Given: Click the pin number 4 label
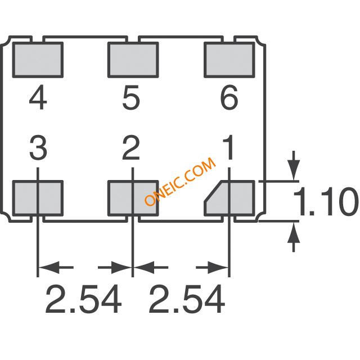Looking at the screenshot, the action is (x=38, y=97).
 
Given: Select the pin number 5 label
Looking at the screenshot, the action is (x=131, y=97).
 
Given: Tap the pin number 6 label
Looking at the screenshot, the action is (x=229, y=97).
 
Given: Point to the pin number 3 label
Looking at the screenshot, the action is (x=38, y=147).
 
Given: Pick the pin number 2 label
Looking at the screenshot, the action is (x=131, y=147).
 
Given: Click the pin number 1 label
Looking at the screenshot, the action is (x=229, y=147).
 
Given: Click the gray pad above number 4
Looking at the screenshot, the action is (x=38, y=60).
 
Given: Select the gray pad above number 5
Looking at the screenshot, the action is (x=133, y=60).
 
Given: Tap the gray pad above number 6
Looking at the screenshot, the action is (x=229, y=60).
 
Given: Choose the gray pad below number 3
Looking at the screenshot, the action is (x=38, y=199).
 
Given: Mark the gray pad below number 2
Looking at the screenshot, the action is (x=133, y=199).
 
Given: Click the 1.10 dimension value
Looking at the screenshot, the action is (x=326, y=201).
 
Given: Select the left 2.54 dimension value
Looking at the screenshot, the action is (x=84, y=299).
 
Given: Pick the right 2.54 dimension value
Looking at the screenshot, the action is (x=187, y=299).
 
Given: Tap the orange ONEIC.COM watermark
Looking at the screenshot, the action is (x=180, y=181).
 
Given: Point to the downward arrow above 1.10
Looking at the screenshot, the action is (x=294, y=165).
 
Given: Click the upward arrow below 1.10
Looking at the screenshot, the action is (x=294, y=237).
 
